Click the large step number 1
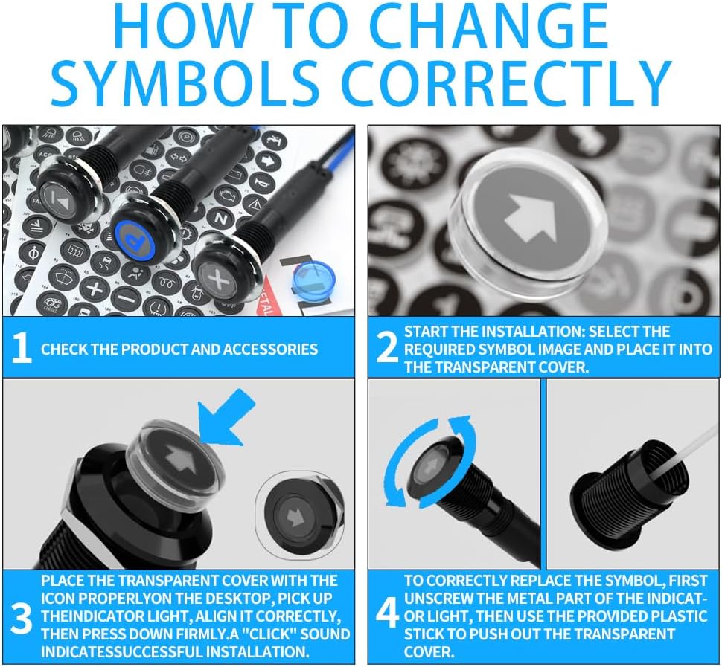pos(22,348)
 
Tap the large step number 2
pos(387,348)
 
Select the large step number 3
pos(21,619)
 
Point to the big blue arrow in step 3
pos(226,416)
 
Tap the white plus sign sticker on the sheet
pos(94,289)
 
